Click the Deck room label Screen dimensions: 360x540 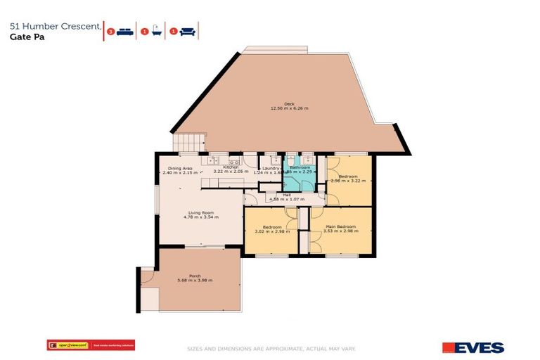289,103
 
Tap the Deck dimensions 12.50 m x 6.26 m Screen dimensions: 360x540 289,108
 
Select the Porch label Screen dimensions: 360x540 195,276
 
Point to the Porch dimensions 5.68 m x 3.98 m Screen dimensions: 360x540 195,281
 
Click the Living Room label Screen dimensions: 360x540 200,212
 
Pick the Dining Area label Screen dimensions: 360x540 180,168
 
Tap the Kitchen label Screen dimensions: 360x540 231,167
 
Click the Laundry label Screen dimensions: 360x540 271,168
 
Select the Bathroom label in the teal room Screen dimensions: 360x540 300,167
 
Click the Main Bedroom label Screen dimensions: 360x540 340,226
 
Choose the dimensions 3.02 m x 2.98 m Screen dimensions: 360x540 272,231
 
